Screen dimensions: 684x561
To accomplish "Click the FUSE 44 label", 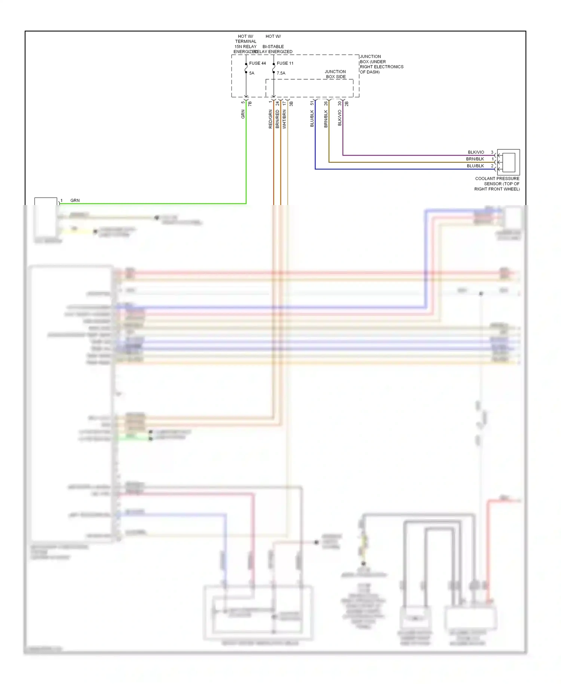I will point(257,63).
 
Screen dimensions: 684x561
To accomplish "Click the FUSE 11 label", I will point(285,63).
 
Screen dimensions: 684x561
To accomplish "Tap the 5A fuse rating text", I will point(252,73).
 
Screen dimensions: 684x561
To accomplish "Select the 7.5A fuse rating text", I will point(281,73).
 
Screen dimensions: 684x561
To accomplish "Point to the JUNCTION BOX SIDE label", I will point(335,74).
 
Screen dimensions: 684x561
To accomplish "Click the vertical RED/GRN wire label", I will point(270,119).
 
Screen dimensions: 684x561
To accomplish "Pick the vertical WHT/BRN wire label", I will point(284,119).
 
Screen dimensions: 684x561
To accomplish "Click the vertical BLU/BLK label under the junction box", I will point(312,118).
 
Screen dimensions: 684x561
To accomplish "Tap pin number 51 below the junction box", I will point(312,103).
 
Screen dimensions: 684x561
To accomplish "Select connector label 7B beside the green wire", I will point(250,104).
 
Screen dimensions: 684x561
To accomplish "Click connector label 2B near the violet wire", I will point(347,104).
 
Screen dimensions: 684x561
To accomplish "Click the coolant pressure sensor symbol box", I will point(508,162).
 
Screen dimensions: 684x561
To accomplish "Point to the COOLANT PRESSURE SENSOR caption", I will point(497,184).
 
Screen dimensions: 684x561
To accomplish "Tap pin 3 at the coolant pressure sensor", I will point(492,152).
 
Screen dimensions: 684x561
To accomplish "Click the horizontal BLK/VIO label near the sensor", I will point(476,152).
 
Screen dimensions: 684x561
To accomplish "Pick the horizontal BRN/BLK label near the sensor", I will point(475,159).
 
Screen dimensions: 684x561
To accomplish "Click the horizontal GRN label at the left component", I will point(75,201).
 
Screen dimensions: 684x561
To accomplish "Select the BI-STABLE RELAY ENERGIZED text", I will point(273,49).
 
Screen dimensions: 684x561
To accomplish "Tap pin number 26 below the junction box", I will point(326,103).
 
